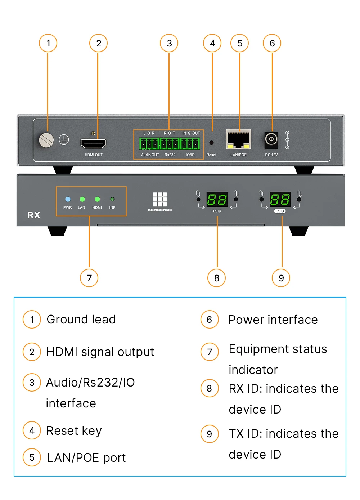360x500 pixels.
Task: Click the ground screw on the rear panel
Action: pos(46,140)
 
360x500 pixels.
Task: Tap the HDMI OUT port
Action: pos(93,143)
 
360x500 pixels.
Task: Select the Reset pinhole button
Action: pos(211,143)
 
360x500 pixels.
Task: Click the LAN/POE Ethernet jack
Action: pos(238,139)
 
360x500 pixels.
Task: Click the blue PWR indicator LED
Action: pos(68,199)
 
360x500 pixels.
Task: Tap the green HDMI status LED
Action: pos(97,199)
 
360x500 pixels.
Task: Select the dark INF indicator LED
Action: pos(112,199)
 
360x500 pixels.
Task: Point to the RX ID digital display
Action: pos(217,199)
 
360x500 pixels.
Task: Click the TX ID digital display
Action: pos(280,199)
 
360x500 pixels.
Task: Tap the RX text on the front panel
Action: pos(33,215)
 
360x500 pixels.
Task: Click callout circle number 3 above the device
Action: pos(169,43)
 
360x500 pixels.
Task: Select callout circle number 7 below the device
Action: pos(89,278)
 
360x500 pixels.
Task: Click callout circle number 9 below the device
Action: pos(281,278)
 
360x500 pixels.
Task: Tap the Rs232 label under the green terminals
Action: pos(170,155)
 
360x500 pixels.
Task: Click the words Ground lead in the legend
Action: pos(81,320)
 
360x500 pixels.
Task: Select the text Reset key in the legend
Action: pos(74,430)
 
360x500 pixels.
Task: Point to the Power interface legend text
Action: pos(273,320)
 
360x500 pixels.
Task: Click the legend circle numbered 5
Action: pos(32,457)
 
